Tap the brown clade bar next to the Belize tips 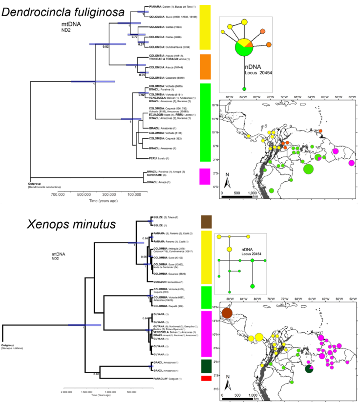206,222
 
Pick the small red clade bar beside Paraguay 206,379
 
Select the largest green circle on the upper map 308,169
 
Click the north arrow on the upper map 228,182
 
